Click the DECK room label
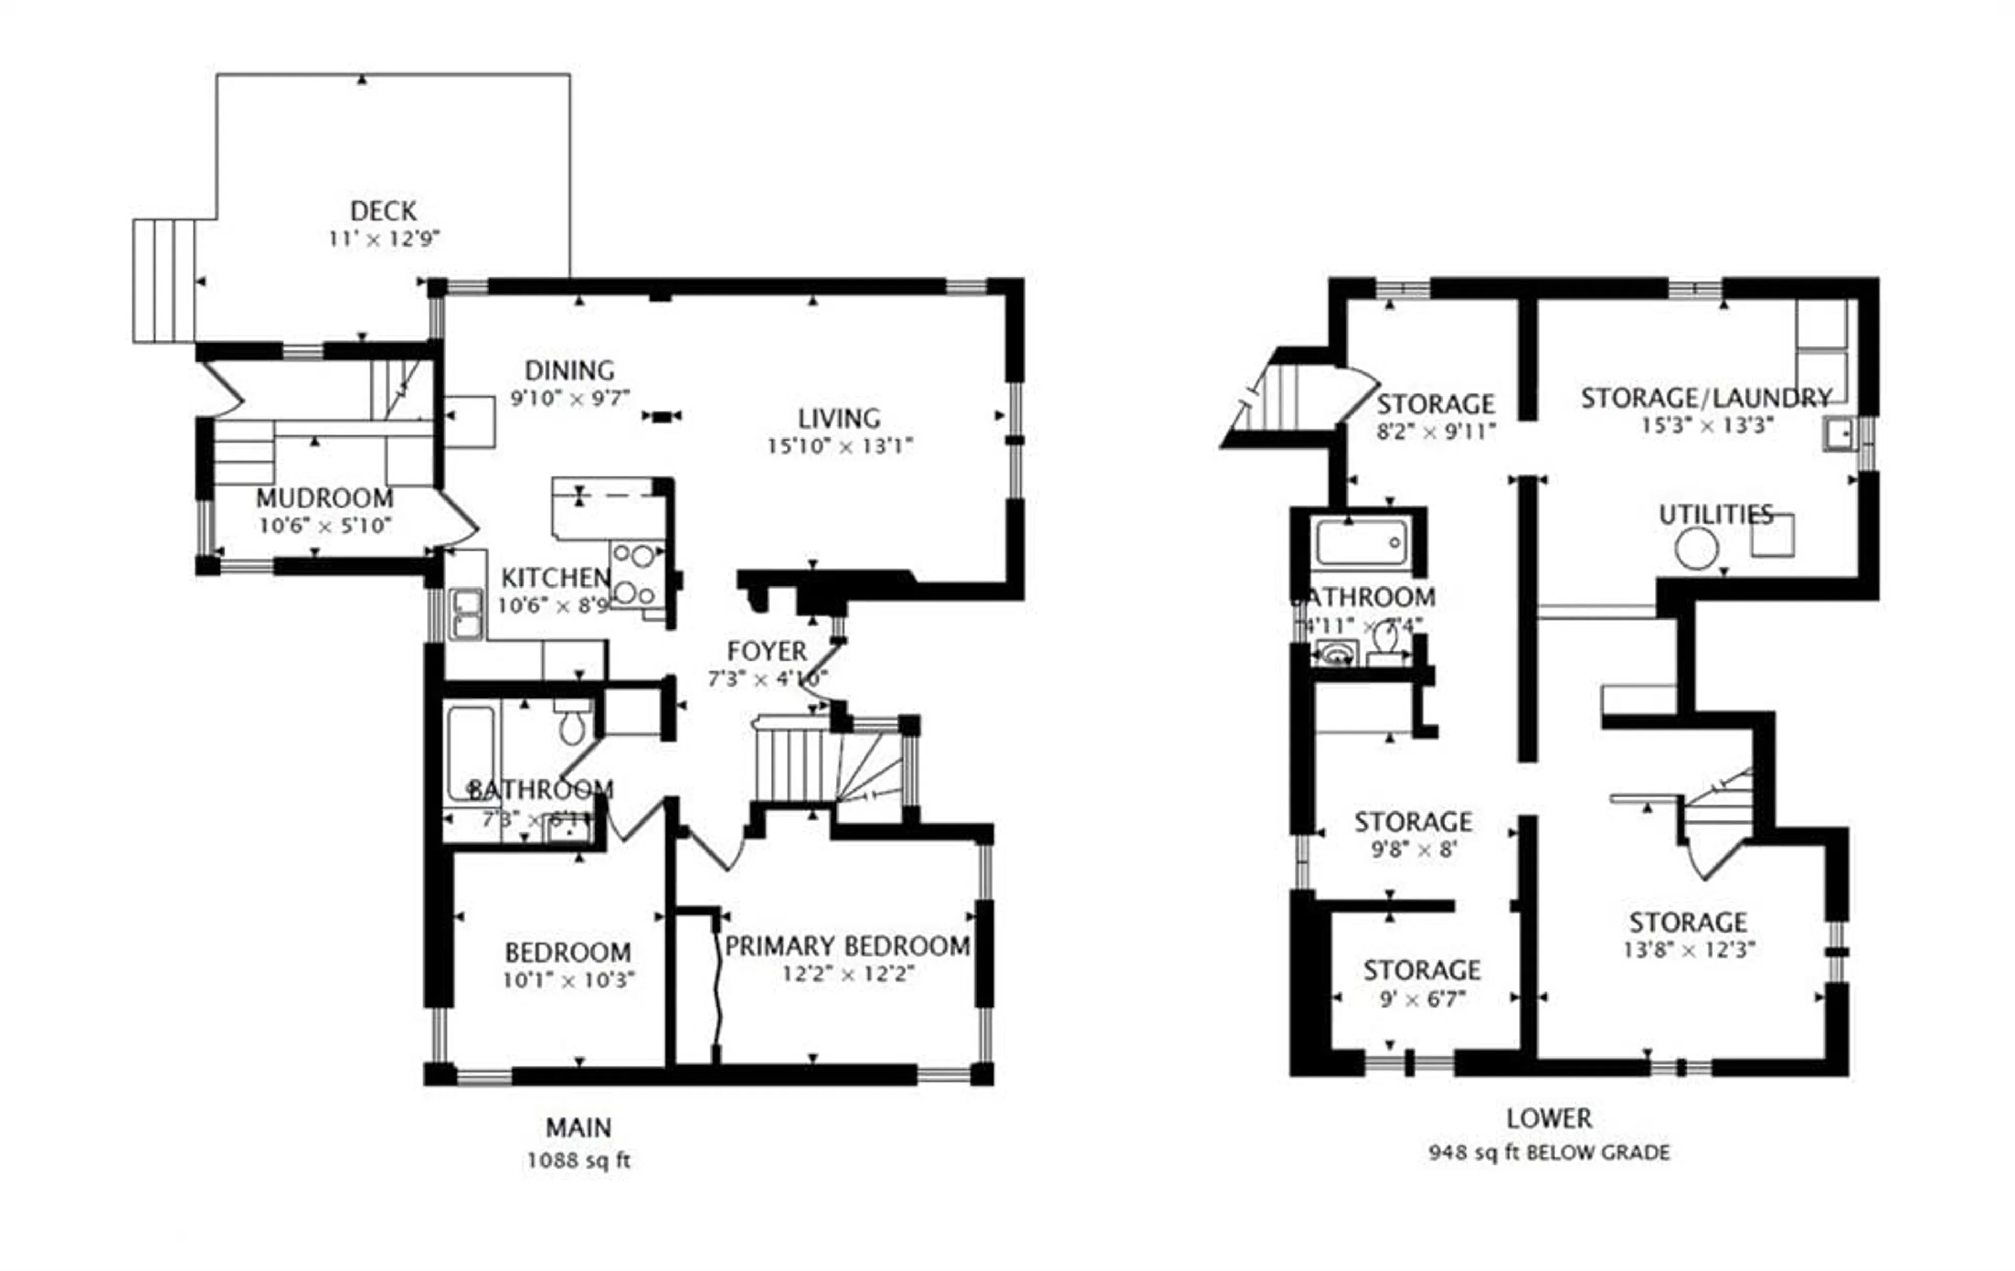(383, 211)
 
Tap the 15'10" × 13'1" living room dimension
(839, 446)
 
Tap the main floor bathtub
(470, 753)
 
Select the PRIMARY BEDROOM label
(847, 946)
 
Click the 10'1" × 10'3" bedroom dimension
(568, 980)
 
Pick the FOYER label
(767, 651)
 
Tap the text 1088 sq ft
(578, 1160)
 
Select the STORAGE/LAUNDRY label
(1705, 398)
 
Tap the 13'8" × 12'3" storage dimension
(1689, 949)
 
